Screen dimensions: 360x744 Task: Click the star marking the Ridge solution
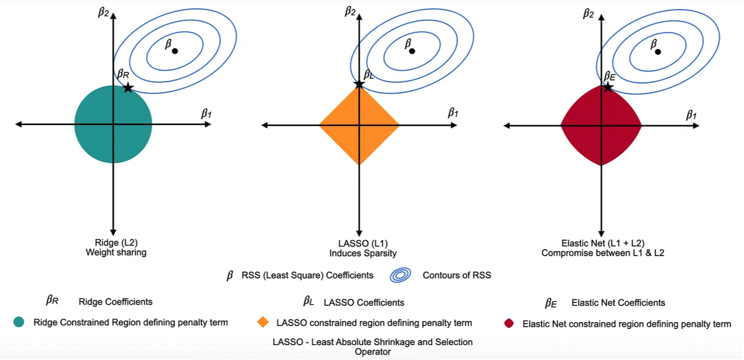tap(128, 87)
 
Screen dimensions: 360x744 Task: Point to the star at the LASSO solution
tap(359, 84)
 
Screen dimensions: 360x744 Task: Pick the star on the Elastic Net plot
tap(608, 86)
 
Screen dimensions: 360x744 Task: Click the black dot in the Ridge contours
tap(175, 51)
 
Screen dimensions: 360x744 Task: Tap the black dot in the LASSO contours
tap(412, 51)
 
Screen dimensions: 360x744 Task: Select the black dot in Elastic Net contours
tap(658, 52)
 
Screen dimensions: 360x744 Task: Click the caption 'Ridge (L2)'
tap(116, 243)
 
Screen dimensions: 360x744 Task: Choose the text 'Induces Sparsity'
tap(363, 253)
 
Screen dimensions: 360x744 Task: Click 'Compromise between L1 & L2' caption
tap(602, 253)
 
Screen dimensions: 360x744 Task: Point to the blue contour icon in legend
tap(400, 275)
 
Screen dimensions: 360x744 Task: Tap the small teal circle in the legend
tap(19, 322)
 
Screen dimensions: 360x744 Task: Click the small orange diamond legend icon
tap(262, 322)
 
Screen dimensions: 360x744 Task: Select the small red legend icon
tap(509, 323)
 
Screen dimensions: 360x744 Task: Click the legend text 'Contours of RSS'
tap(457, 275)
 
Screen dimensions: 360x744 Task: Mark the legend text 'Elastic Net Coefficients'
tap(618, 302)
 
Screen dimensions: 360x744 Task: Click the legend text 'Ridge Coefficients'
tap(115, 302)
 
